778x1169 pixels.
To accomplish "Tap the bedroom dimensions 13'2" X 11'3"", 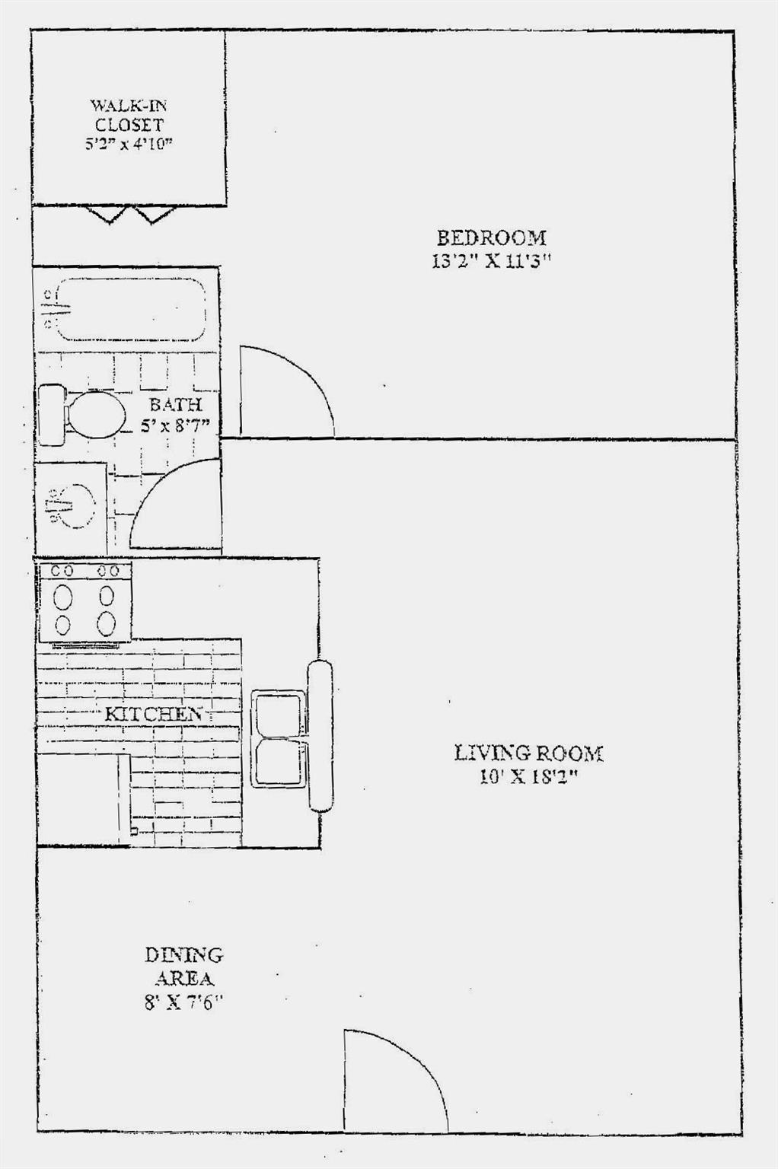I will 491,261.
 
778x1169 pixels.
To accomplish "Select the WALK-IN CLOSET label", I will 129,115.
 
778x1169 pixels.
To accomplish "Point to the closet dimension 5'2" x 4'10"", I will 129,144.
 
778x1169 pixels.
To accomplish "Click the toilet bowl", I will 95,414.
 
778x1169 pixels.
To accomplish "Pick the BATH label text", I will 175,404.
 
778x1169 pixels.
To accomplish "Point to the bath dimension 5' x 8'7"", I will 175,426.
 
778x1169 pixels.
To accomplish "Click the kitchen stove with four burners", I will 84,601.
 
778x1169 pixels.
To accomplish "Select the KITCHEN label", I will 153,714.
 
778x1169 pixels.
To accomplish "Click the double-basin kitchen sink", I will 279,738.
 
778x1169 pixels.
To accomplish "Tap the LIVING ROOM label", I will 528,753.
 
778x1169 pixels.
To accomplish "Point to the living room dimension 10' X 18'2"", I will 528,778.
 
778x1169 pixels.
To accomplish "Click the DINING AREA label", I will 183,966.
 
